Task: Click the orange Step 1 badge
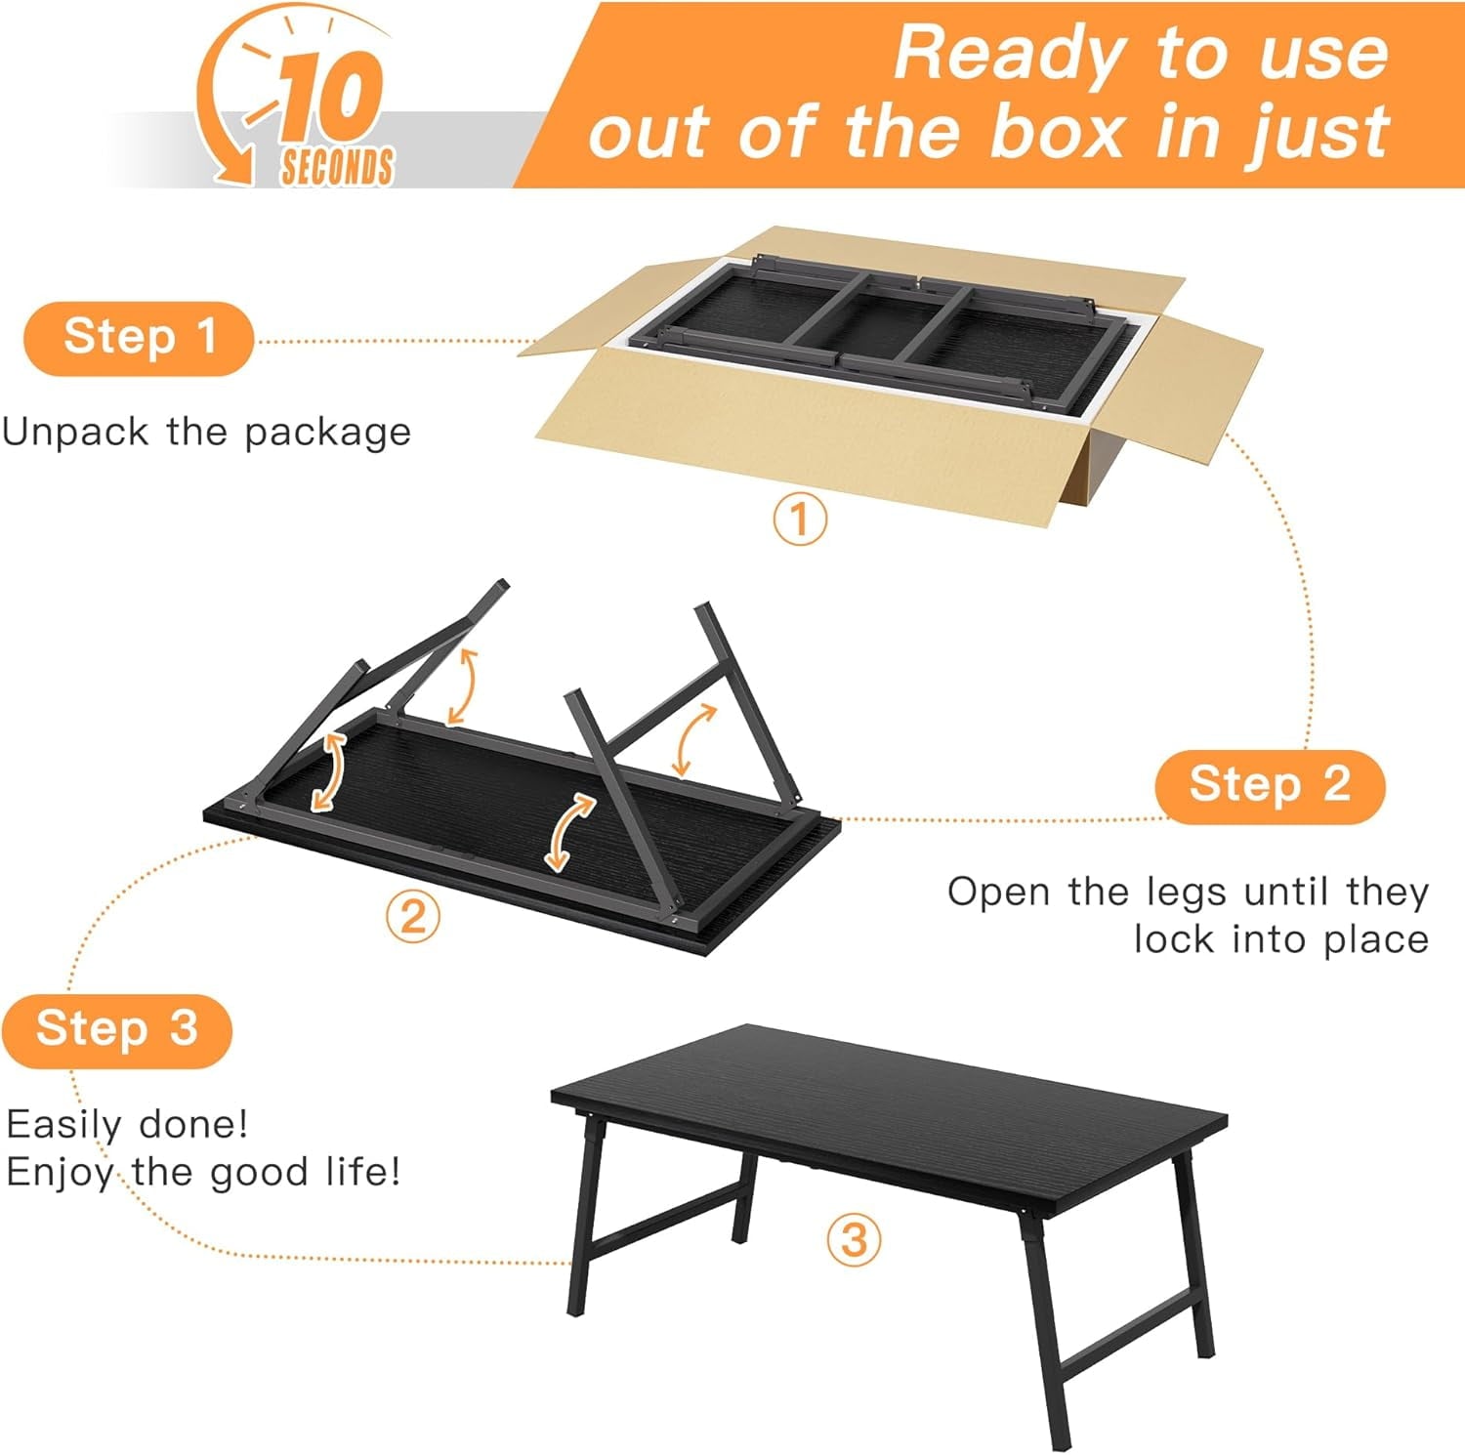138,339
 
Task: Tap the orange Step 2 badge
1270,786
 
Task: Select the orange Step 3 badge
117,1030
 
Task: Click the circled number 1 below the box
800,519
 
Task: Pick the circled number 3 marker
854,1239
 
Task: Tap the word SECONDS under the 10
337,166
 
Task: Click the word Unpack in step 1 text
75,433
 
